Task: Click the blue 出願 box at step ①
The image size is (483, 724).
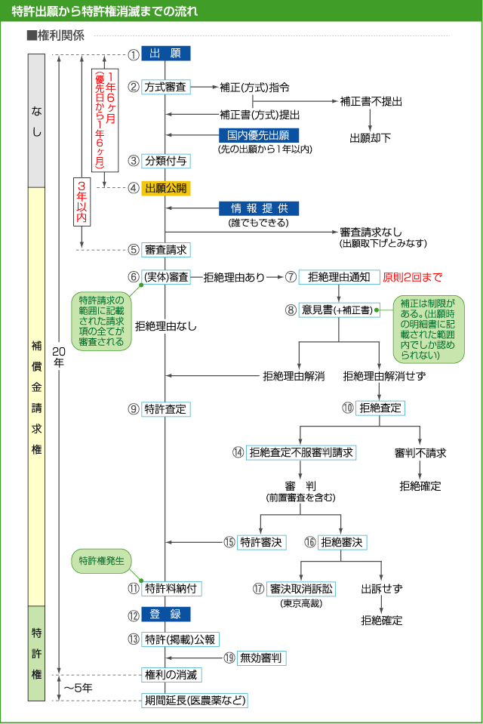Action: [165, 54]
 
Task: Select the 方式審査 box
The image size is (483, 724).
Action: [166, 87]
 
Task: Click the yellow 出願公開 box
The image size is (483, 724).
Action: [165, 188]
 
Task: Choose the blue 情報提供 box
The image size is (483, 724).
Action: [259, 209]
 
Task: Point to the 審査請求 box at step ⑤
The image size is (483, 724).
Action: [165, 250]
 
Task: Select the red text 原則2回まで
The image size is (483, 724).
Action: [413, 277]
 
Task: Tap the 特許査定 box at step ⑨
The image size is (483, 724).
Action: [165, 409]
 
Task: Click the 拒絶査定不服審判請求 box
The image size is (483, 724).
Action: [301, 452]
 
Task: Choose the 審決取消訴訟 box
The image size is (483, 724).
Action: [302, 588]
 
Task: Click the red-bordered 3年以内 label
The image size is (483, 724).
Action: [82, 201]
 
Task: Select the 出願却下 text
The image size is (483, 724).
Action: [370, 138]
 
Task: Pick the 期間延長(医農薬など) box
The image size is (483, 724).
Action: [195, 700]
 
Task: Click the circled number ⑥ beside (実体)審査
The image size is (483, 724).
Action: [134, 277]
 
